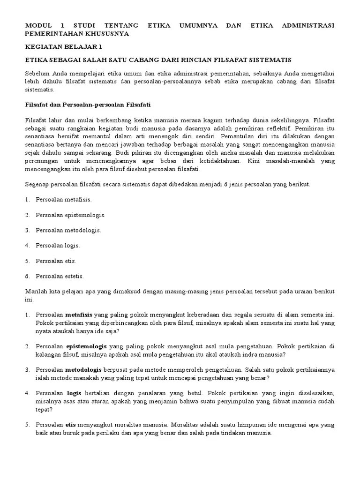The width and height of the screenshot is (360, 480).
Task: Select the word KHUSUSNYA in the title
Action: click(107, 34)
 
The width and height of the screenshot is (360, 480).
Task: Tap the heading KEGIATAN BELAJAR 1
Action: click(63, 47)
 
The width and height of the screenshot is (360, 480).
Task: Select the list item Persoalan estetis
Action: click(60, 276)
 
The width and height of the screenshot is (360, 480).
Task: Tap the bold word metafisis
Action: click(78, 314)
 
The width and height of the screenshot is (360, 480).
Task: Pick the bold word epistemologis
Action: click(86, 346)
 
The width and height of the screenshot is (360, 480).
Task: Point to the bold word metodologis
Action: click(84, 369)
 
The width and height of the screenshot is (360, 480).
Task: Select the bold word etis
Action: click(71, 425)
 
